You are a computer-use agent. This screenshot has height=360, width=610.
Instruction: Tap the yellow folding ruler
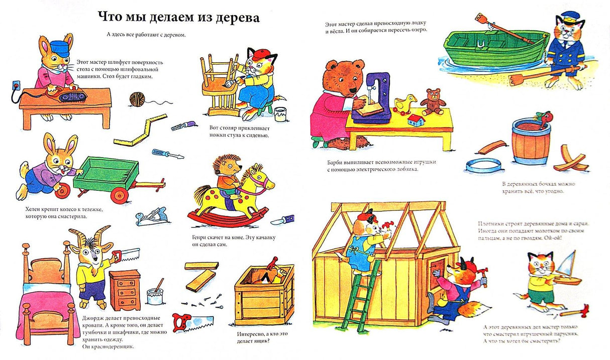click(140, 130)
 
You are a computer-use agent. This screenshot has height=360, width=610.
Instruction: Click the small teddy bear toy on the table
click(432, 102)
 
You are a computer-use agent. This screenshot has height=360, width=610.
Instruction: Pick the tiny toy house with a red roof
click(416, 121)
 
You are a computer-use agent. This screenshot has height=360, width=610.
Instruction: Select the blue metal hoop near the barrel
click(483, 165)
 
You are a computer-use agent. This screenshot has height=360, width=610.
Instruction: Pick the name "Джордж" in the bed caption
click(93, 318)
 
